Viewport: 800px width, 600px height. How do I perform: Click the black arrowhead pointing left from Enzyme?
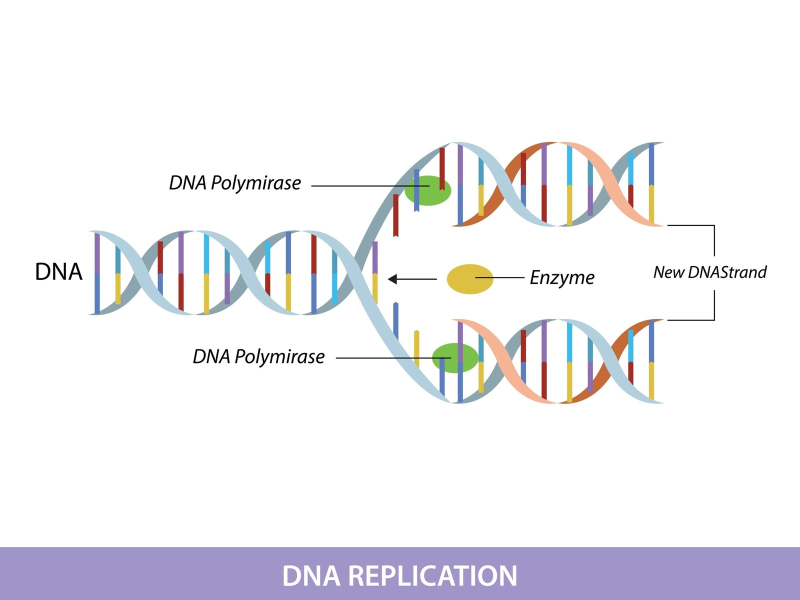(x=392, y=279)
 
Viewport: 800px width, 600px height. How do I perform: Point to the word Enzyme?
(x=562, y=277)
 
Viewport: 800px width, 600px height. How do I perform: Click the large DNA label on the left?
(x=58, y=272)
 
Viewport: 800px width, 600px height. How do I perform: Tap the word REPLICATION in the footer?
(x=432, y=575)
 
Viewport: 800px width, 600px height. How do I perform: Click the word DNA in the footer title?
(x=311, y=575)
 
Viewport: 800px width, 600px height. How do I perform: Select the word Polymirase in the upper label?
(x=255, y=183)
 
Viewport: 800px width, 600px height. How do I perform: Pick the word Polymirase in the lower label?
(x=279, y=356)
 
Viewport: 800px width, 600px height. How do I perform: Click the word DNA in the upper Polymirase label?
(x=187, y=183)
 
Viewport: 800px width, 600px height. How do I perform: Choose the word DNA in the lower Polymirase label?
(x=211, y=356)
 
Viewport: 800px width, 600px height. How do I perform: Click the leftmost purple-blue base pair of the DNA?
(x=97, y=272)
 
